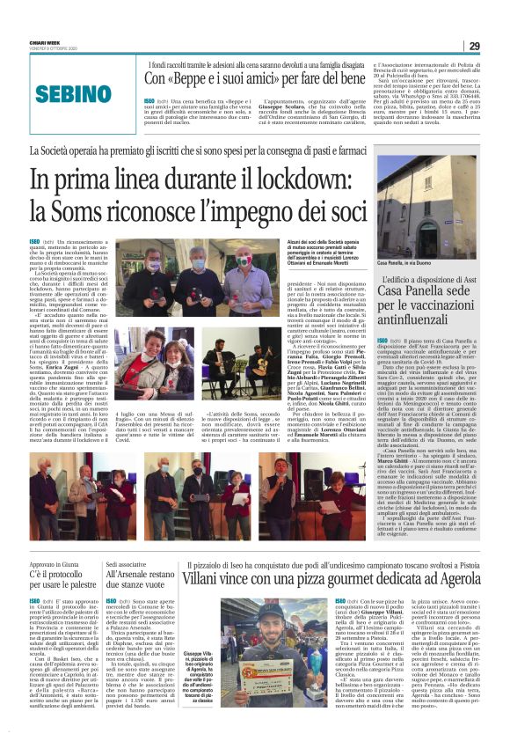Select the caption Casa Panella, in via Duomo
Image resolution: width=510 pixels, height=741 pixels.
click(x=404, y=263)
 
